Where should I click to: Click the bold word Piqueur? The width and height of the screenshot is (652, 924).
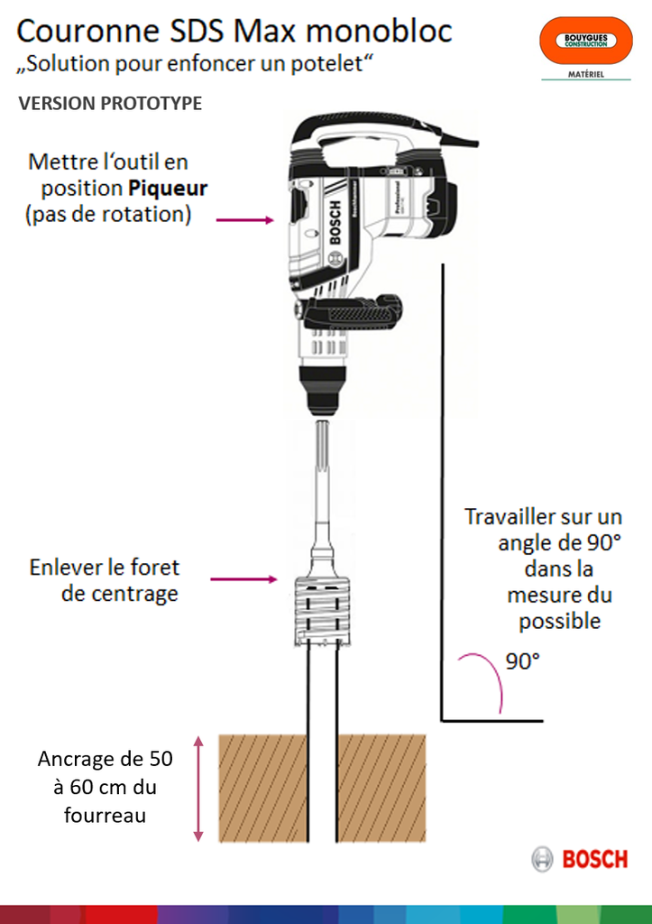(x=167, y=189)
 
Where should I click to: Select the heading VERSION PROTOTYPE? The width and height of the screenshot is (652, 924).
(x=110, y=104)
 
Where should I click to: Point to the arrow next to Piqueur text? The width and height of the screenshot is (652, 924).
(x=244, y=219)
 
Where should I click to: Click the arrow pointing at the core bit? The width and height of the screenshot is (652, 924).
(x=243, y=579)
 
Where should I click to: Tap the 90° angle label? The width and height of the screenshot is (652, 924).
(x=522, y=661)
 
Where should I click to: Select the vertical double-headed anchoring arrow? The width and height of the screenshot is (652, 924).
(x=199, y=789)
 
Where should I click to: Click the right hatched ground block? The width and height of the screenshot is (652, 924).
(x=381, y=789)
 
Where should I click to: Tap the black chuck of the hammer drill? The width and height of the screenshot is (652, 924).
(x=321, y=395)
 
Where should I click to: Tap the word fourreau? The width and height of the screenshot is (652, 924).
(x=106, y=815)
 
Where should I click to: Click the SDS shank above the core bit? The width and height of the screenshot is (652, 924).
(x=321, y=478)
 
